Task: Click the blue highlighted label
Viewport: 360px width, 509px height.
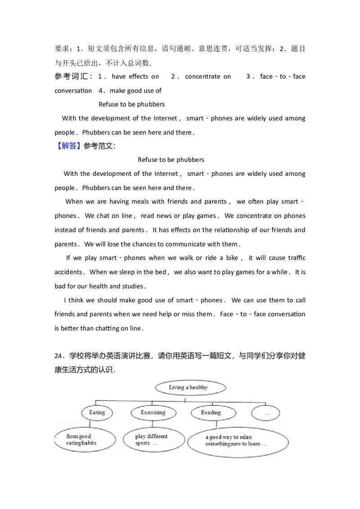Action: pyautogui.click(x=70, y=146)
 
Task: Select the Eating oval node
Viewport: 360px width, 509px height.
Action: pyautogui.click(x=97, y=412)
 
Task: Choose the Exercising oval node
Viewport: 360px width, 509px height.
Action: pyautogui.click(x=153, y=412)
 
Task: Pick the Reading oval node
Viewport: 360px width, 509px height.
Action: pyautogui.click(x=211, y=412)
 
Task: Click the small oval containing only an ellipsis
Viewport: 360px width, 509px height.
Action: pyautogui.click(x=266, y=413)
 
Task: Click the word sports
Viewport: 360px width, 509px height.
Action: pyautogui.click(x=142, y=443)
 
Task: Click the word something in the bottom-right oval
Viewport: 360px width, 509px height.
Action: pyautogui.click(x=219, y=444)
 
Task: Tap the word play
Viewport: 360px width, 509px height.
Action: pyautogui.click(x=140, y=436)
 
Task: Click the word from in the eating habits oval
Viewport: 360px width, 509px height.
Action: pyautogui.click(x=72, y=436)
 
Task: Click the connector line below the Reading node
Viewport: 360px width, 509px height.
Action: pyautogui.click(x=216, y=424)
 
